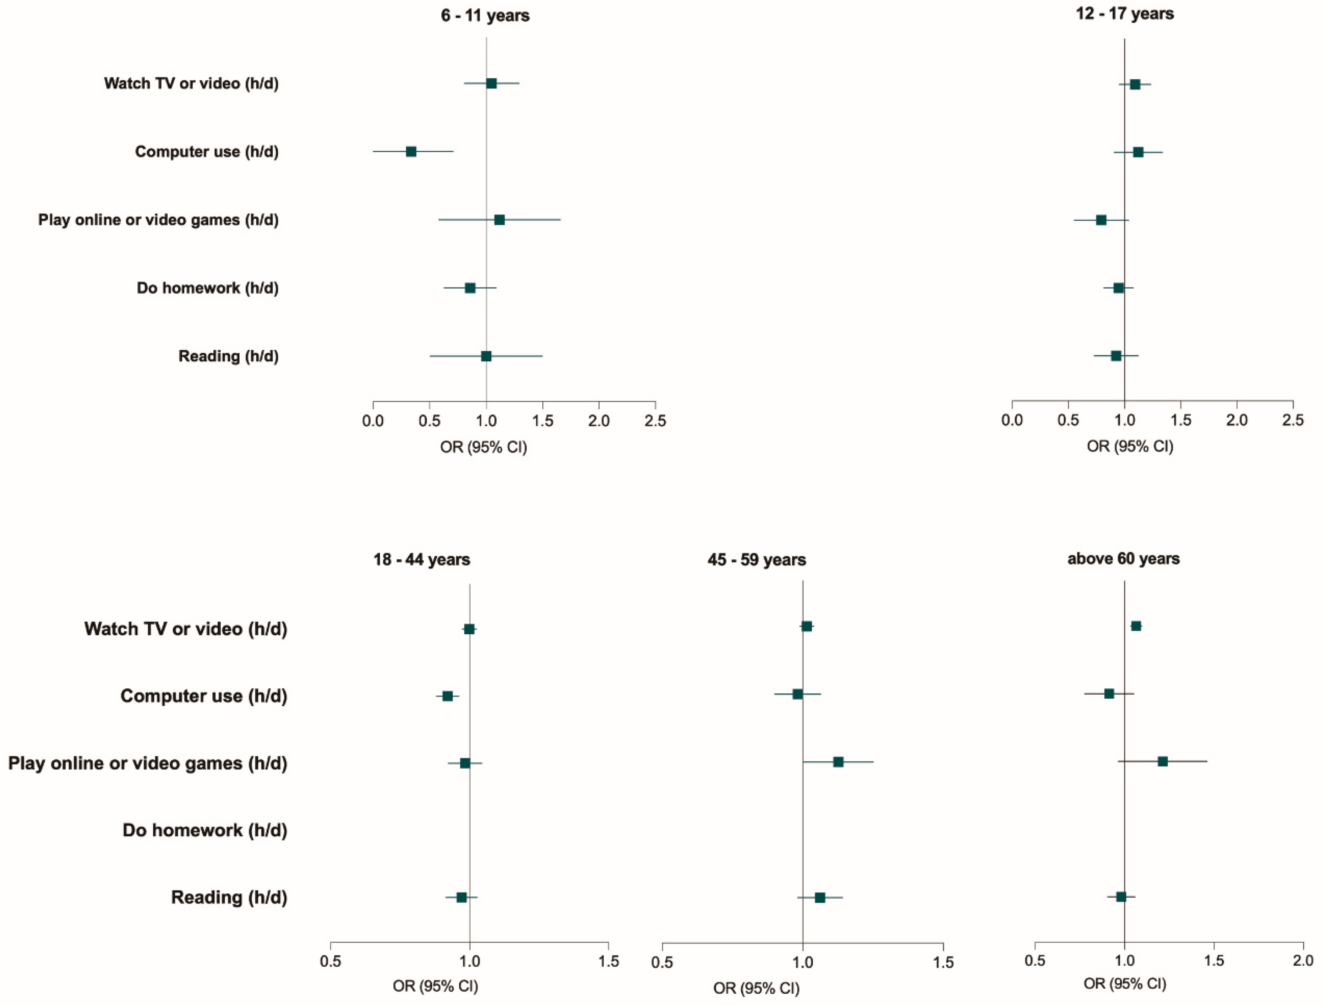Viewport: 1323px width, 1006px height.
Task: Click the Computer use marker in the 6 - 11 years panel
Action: click(411, 151)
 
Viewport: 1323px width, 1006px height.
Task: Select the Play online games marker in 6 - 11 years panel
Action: click(499, 220)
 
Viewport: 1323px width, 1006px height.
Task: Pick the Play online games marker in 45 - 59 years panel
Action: click(838, 762)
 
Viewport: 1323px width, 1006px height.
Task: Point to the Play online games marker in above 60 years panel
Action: click(1163, 761)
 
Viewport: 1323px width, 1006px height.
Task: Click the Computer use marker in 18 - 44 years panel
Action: click(447, 696)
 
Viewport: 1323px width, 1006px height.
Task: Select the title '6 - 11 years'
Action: click(485, 16)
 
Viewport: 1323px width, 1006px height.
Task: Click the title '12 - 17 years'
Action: click(1124, 14)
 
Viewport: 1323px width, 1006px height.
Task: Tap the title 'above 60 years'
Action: click(1123, 559)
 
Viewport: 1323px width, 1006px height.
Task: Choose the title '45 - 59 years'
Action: click(756, 560)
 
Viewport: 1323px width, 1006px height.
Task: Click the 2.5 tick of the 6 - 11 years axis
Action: click(655, 421)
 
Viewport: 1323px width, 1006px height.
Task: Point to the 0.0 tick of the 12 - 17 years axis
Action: click(1012, 420)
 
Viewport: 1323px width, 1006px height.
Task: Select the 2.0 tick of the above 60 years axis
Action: click(1303, 961)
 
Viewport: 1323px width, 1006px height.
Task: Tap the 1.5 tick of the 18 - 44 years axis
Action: click(609, 962)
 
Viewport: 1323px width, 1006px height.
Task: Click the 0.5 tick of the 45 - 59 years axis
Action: click(662, 963)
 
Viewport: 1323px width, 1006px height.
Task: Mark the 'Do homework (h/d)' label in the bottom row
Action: click(205, 830)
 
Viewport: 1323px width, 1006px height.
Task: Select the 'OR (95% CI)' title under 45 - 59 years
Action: click(756, 988)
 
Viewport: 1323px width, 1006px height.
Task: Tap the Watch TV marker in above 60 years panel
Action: click(1136, 626)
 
